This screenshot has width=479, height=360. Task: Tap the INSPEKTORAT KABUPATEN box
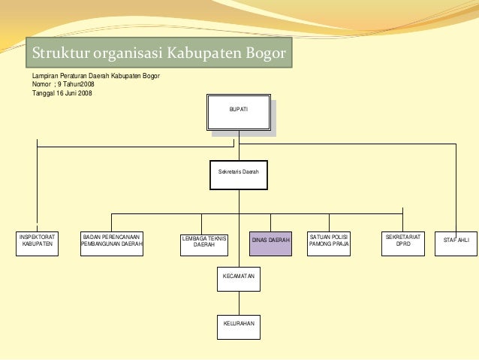[37, 244]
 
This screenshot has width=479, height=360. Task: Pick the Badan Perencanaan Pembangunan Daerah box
[112, 244]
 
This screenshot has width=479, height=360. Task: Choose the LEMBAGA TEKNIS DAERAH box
[204, 244]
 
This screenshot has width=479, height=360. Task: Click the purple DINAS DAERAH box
[270, 244]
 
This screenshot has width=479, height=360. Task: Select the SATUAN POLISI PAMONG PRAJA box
[329, 244]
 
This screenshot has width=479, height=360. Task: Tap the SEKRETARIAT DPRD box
[403, 244]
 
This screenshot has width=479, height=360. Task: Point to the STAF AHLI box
[456, 241]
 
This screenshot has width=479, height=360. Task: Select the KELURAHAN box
[239, 325]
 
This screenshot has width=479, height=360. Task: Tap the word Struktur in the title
[58, 53]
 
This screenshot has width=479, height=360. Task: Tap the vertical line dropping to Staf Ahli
[456, 188]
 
